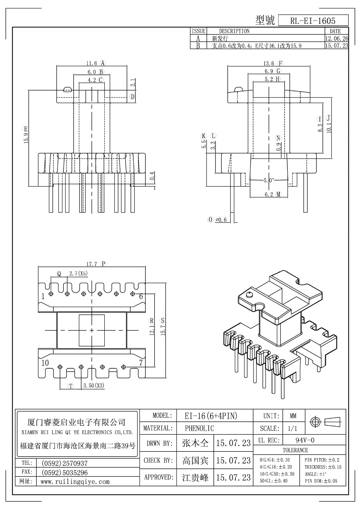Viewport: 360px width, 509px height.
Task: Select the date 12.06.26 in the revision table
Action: (x=336, y=38)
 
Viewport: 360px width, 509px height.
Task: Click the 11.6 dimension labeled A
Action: (x=92, y=63)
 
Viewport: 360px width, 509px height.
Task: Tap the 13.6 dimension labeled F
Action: (x=268, y=63)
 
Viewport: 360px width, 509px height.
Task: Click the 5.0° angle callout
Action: (x=269, y=181)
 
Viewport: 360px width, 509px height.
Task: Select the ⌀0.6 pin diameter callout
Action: (x=221, y=220)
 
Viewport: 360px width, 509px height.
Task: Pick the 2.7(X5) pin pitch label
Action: (x=79, y=274)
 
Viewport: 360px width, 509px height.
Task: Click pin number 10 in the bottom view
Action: (x=45, y=363)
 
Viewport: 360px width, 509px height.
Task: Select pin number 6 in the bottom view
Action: (x=141, y=296)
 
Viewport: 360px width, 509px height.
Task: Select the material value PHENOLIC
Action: (x=199, y=428)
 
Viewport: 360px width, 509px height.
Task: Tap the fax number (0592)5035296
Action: (x=64, y=472)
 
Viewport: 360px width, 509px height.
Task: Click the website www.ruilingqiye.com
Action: (x=75, y=481)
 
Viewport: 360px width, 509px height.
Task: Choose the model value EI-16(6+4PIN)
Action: (x=211, y=416)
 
